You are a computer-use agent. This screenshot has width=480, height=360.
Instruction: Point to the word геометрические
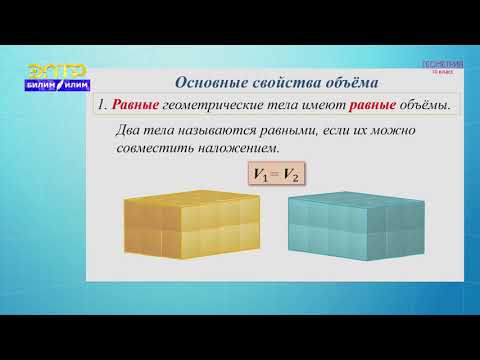214,105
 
